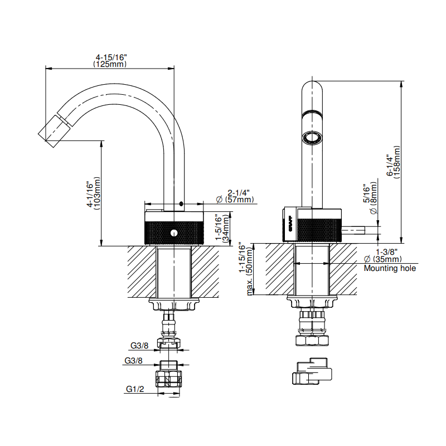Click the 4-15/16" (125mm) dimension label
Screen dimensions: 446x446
[x=110, y=61]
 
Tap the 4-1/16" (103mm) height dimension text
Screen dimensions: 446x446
[x=94, y=193]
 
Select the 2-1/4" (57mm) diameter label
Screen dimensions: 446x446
[x=235, y=196]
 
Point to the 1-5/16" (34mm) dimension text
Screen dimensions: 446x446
[x=222, y=227]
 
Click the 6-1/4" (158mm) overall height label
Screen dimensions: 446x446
[x=394, y=162]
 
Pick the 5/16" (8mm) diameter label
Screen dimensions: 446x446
[x=370, y=198]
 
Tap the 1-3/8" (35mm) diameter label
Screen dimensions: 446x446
[x=383, y=255]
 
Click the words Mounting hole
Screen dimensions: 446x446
[x=390, y=268]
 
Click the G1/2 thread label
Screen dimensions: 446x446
[x=135, y=389]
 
